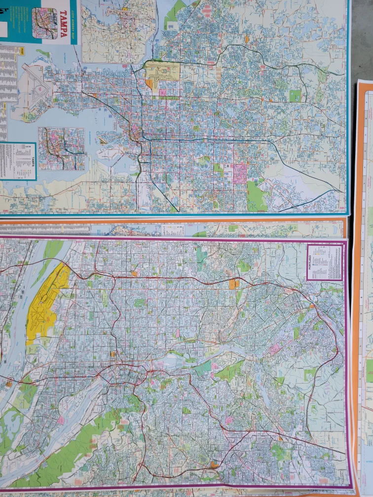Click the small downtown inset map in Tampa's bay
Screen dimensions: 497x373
(x=62, y=148)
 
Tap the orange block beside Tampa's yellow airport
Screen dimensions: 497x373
(x=149, y=83)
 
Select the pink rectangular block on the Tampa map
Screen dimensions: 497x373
(x=240, y=174)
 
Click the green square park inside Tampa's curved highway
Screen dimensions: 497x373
(x=295, y=96)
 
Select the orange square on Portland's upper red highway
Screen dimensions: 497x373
(x=233, y=284)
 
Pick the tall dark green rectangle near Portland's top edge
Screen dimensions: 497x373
(x=201, y=256)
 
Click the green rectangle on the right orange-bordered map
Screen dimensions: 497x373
(x=369, y=370)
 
